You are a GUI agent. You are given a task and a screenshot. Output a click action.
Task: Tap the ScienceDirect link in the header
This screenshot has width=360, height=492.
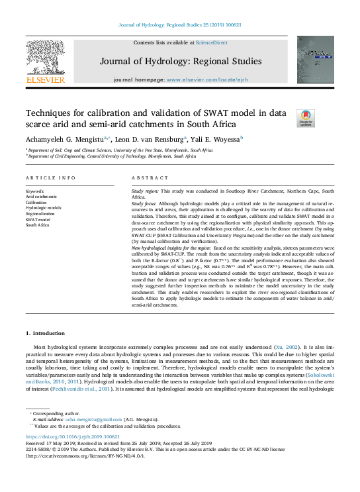click(x=212, y=42)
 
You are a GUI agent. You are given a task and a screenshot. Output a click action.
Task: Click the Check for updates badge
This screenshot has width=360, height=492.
click(x=306, y=118)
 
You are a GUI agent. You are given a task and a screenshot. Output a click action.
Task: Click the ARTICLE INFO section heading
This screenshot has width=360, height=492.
click(x=50, y=179)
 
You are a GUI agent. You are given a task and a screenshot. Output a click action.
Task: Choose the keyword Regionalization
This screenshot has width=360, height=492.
click(x=40, y=214)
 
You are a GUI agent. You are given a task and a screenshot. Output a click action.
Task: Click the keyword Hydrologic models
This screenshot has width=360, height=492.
click(x=43, y=208)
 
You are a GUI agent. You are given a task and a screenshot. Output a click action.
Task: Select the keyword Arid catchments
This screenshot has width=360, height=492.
click(x=41, y=197)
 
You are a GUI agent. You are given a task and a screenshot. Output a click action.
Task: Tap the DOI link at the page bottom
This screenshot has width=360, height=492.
click(x=73, y=437)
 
